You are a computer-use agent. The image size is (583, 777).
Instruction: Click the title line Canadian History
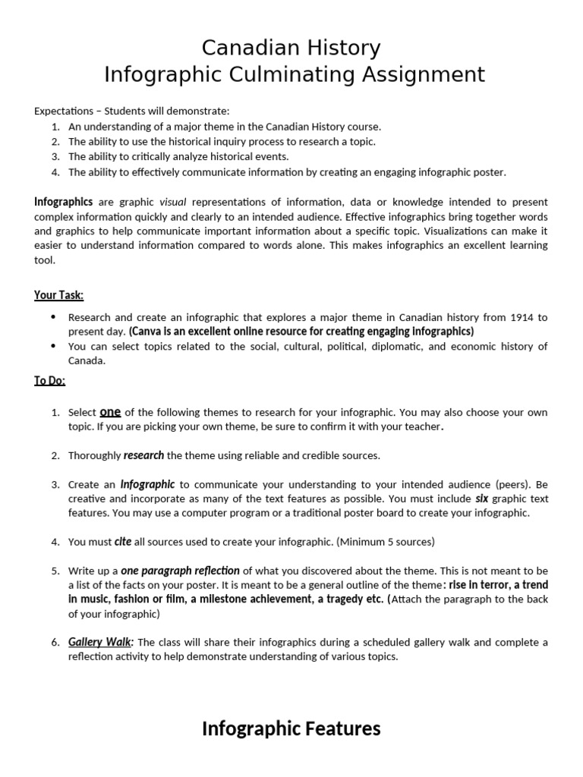tap(291, 48)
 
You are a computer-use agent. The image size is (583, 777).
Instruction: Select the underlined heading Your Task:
tap(58, 295)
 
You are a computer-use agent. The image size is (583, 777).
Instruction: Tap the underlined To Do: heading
tap(50, 381)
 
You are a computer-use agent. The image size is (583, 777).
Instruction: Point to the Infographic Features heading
tap(291, 729)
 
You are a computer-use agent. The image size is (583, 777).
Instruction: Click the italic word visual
tap(173, 202)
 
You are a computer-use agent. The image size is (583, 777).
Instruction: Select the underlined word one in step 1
tap(111, 411)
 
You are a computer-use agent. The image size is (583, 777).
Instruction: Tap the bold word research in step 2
tap(143, 455)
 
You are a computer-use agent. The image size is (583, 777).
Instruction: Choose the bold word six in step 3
tap(481, 499)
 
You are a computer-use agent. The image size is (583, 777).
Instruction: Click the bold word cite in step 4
tap(123, 542)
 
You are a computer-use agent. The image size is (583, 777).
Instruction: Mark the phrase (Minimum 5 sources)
tap(386, 542)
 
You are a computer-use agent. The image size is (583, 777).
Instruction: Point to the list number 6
tap(55, 643)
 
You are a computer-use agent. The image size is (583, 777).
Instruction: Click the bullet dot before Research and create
tap(52, 317)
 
